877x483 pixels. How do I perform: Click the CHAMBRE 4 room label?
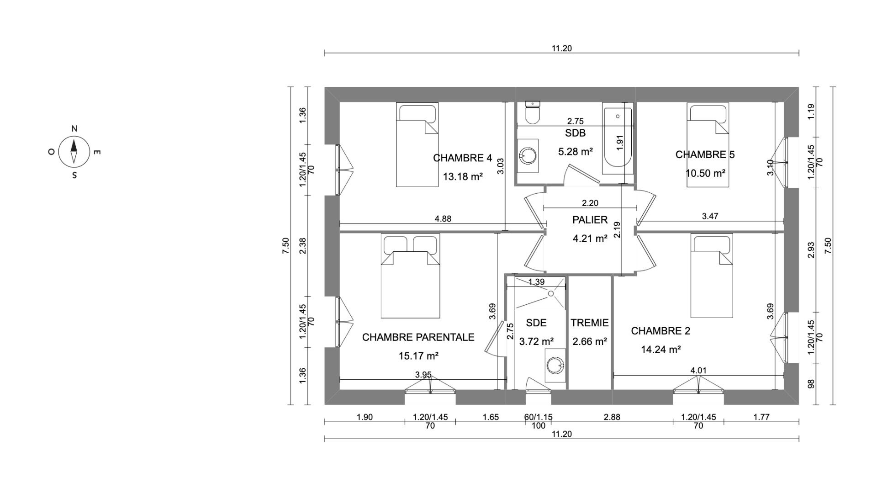462,158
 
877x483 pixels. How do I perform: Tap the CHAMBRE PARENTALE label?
418,337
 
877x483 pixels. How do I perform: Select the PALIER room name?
590,220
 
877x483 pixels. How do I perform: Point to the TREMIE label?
589,323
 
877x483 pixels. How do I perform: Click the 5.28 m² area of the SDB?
575,151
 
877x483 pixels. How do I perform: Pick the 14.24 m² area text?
661,350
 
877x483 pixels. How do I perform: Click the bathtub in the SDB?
618,139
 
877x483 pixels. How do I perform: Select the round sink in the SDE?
556,364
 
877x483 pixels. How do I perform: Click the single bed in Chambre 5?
708,145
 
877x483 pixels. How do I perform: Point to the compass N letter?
74,129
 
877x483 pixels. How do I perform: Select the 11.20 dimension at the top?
561,48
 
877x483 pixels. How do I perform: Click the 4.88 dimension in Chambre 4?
443,219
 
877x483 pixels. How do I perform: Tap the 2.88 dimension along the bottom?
612,417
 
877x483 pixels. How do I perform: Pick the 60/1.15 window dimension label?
538,417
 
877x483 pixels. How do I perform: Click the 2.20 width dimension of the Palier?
590,203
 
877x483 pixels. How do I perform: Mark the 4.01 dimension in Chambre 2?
698,371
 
